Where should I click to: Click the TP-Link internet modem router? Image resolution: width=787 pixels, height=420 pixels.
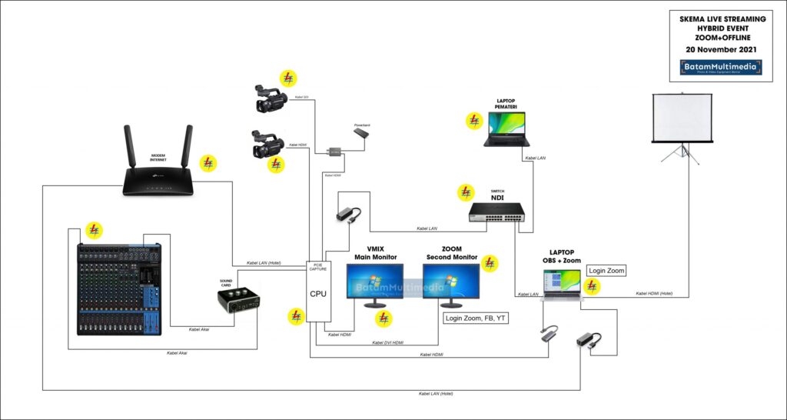(x=158, y=173)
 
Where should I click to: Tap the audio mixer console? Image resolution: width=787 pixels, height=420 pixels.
(x=119, y=289)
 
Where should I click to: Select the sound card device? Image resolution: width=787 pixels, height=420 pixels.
(x=237, y=299)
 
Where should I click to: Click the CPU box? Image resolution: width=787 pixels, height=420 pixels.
(x=318, y=293)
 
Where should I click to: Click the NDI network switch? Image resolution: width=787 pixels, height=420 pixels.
(x=496, y=213)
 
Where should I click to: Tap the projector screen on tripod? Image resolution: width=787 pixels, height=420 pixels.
(x=681, y=119)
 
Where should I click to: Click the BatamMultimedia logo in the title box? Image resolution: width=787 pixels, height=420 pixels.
(x=720, y=67)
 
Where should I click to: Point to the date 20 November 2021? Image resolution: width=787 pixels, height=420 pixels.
(x=720, y=50)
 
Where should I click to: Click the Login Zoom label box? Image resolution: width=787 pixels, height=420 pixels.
(x=607, y=270)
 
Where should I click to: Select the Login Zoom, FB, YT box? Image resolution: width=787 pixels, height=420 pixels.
(x=474, y=318)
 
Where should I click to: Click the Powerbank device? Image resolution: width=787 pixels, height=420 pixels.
(x=361, y=133)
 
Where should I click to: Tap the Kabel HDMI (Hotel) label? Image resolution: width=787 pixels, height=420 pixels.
(x=654, y=293)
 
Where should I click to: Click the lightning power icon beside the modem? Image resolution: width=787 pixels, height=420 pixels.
(x=208, y=163)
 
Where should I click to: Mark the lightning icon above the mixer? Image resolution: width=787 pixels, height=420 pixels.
(x=94, y=229)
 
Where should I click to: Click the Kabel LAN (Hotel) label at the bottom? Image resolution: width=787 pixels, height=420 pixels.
(x=436, y=394)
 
